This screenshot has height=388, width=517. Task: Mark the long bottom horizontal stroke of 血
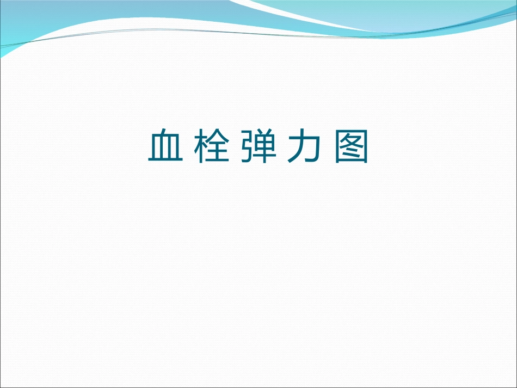coord(164,161)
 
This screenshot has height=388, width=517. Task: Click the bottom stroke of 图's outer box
coord(352,162)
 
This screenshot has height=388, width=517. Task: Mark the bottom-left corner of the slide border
coord(1,386)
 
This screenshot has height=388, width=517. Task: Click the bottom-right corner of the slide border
coord(515,386)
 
